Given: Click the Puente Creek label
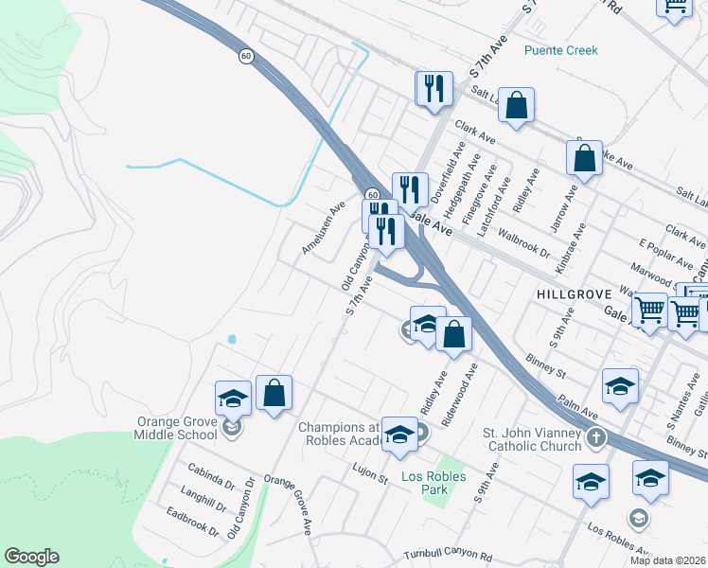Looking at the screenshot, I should pos(562,50).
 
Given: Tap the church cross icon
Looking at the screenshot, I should pos(596,438).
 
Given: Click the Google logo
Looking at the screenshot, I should pos(32,557).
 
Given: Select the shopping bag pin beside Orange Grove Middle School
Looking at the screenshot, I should pos(274,394).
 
